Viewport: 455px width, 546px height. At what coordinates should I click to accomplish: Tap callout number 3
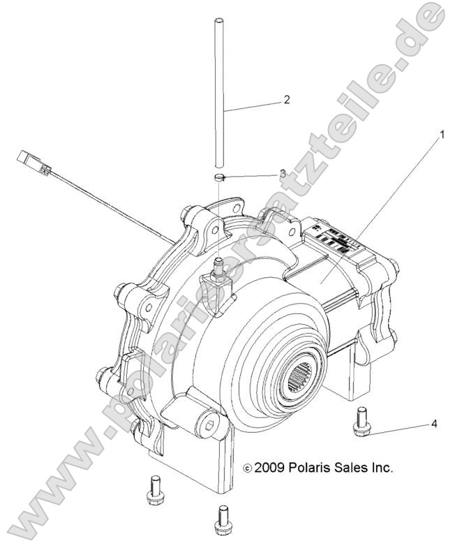tap(282, 172)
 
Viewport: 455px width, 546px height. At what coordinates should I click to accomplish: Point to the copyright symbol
tap(246, 468)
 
